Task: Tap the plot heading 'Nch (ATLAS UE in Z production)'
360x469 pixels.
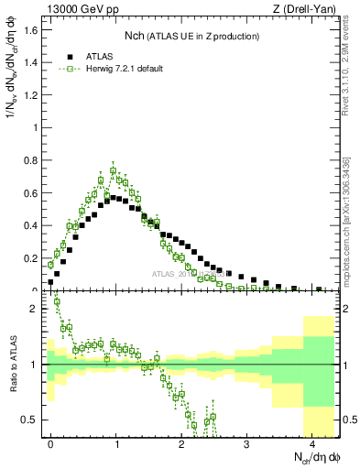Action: click(191, 36)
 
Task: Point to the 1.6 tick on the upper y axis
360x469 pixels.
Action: click(32, 30)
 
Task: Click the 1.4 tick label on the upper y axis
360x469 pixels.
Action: click(32, 62)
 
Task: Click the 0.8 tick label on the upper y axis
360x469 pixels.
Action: click(32, 160)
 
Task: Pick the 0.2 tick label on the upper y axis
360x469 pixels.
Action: click(32, 257)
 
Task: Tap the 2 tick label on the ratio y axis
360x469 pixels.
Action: click(35, 309)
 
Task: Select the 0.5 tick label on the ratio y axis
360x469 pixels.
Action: click(32, 420)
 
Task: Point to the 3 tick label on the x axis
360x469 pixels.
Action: click(246, 441)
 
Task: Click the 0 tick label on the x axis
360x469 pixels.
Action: click(50, 441)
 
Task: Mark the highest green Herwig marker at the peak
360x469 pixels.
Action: click(113, 170)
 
